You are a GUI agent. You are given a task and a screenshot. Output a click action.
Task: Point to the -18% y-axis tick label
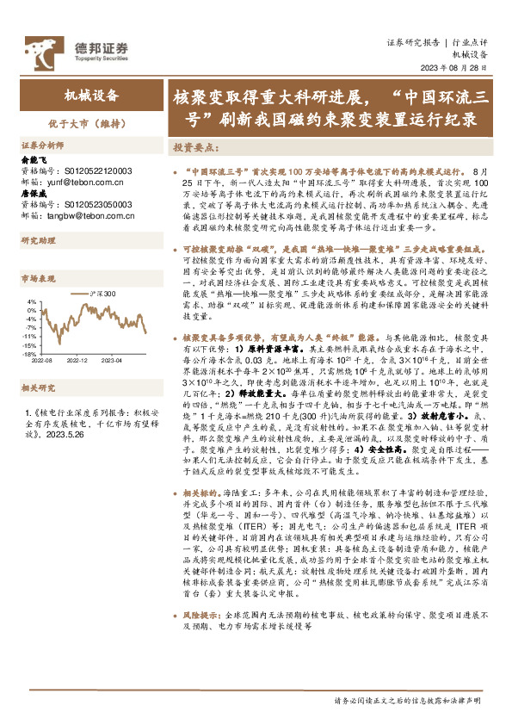30,330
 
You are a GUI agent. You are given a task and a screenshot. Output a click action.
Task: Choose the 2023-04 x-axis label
114,338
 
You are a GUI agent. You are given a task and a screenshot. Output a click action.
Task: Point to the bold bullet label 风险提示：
204,617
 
